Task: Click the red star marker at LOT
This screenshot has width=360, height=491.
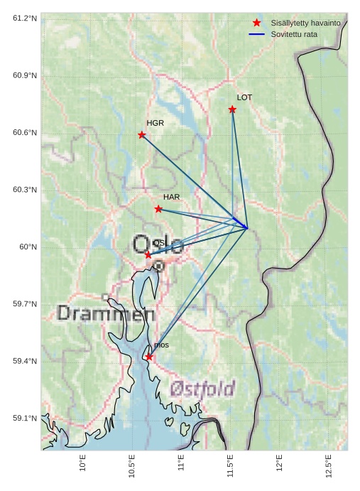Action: [232, 109]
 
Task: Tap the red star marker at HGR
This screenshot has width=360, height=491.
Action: [142, 135]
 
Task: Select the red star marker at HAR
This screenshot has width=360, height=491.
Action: [158, 209]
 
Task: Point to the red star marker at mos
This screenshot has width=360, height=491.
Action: [149, 357]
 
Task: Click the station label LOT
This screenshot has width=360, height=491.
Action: [244, 97]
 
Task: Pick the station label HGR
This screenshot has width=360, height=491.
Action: [155, 123]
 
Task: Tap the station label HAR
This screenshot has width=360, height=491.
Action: [171, 197]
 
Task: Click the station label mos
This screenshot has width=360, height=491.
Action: [161, 345]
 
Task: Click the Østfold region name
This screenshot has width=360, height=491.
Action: [202, 389]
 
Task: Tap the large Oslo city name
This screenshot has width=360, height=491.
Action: [158, 245]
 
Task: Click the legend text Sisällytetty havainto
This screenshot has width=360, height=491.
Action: [305, 23]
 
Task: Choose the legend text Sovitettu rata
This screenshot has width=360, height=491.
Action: [294, 34]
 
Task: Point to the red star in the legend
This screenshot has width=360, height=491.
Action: [256, 23]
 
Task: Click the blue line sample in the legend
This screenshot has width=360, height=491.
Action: [256, 34]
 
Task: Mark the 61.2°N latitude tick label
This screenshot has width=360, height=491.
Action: [25, 18]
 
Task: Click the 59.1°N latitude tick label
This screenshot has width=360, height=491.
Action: [25, 419]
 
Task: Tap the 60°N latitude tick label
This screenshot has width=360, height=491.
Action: [29, 247]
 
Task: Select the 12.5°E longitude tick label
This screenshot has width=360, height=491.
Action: [329, 466]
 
